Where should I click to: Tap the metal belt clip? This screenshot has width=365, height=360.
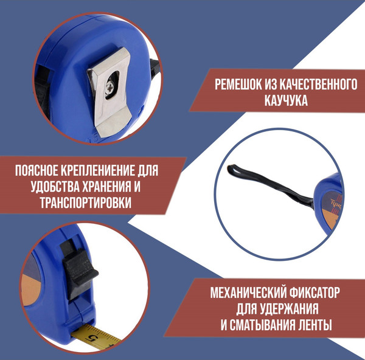click(113, 91)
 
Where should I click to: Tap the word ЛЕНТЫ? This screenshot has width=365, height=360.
click(321, 325)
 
